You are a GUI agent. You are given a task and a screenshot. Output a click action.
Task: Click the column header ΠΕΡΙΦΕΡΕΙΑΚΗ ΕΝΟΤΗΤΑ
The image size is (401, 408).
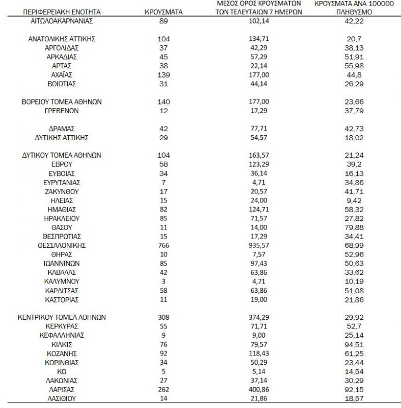[x=62, y=11]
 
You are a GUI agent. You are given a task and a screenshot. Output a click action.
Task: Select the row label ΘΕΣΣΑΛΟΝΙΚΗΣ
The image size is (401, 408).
[x=62, y=245]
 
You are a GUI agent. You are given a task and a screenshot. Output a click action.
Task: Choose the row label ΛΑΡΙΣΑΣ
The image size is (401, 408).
[x=62, y=389]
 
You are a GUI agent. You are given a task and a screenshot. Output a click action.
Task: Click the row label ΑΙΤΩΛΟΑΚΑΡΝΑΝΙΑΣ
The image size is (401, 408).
[x=62, y=21]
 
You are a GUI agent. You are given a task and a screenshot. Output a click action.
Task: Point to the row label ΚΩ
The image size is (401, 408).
[x=62, y=371]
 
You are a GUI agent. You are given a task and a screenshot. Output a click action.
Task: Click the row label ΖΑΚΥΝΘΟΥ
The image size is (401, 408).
[x=62, y=191]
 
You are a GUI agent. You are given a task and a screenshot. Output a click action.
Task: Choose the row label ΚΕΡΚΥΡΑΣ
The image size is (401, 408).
[x=62, y=326]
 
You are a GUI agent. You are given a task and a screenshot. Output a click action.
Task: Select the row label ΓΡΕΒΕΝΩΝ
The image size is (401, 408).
[x=62, y=111]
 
